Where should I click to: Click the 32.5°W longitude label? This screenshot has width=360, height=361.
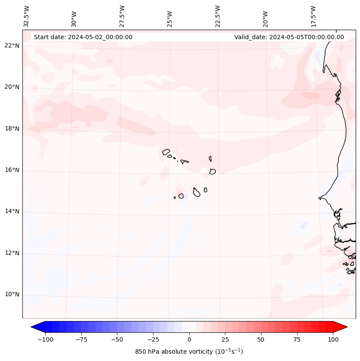[x=27, y=16]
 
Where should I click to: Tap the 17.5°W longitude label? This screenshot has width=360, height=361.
[x=313, y=16]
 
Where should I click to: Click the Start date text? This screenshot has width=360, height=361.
[x=83, y=37]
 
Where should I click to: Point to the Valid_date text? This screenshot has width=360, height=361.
[x=289, y=37]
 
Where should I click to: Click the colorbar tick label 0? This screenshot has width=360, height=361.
[x=189, y=339]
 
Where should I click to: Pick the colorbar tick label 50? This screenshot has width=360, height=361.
[x=261, y=339]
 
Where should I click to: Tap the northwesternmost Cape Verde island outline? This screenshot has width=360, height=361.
[x=166, y=151]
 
